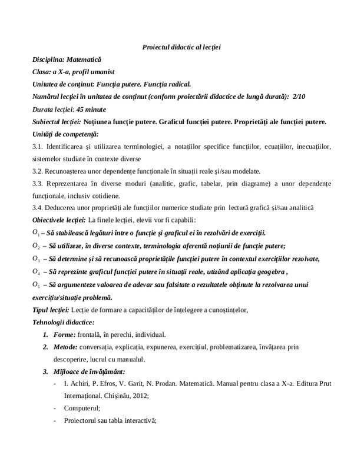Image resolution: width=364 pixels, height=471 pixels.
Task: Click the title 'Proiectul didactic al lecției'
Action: click(182, 47)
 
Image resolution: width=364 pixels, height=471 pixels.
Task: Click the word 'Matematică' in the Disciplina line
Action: click(84, 59)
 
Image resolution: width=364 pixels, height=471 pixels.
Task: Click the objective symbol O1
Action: click(36, 233)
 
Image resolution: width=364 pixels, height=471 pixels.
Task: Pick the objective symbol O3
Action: click(36, 258)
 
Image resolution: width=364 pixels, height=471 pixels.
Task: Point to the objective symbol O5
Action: click(36, 284)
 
